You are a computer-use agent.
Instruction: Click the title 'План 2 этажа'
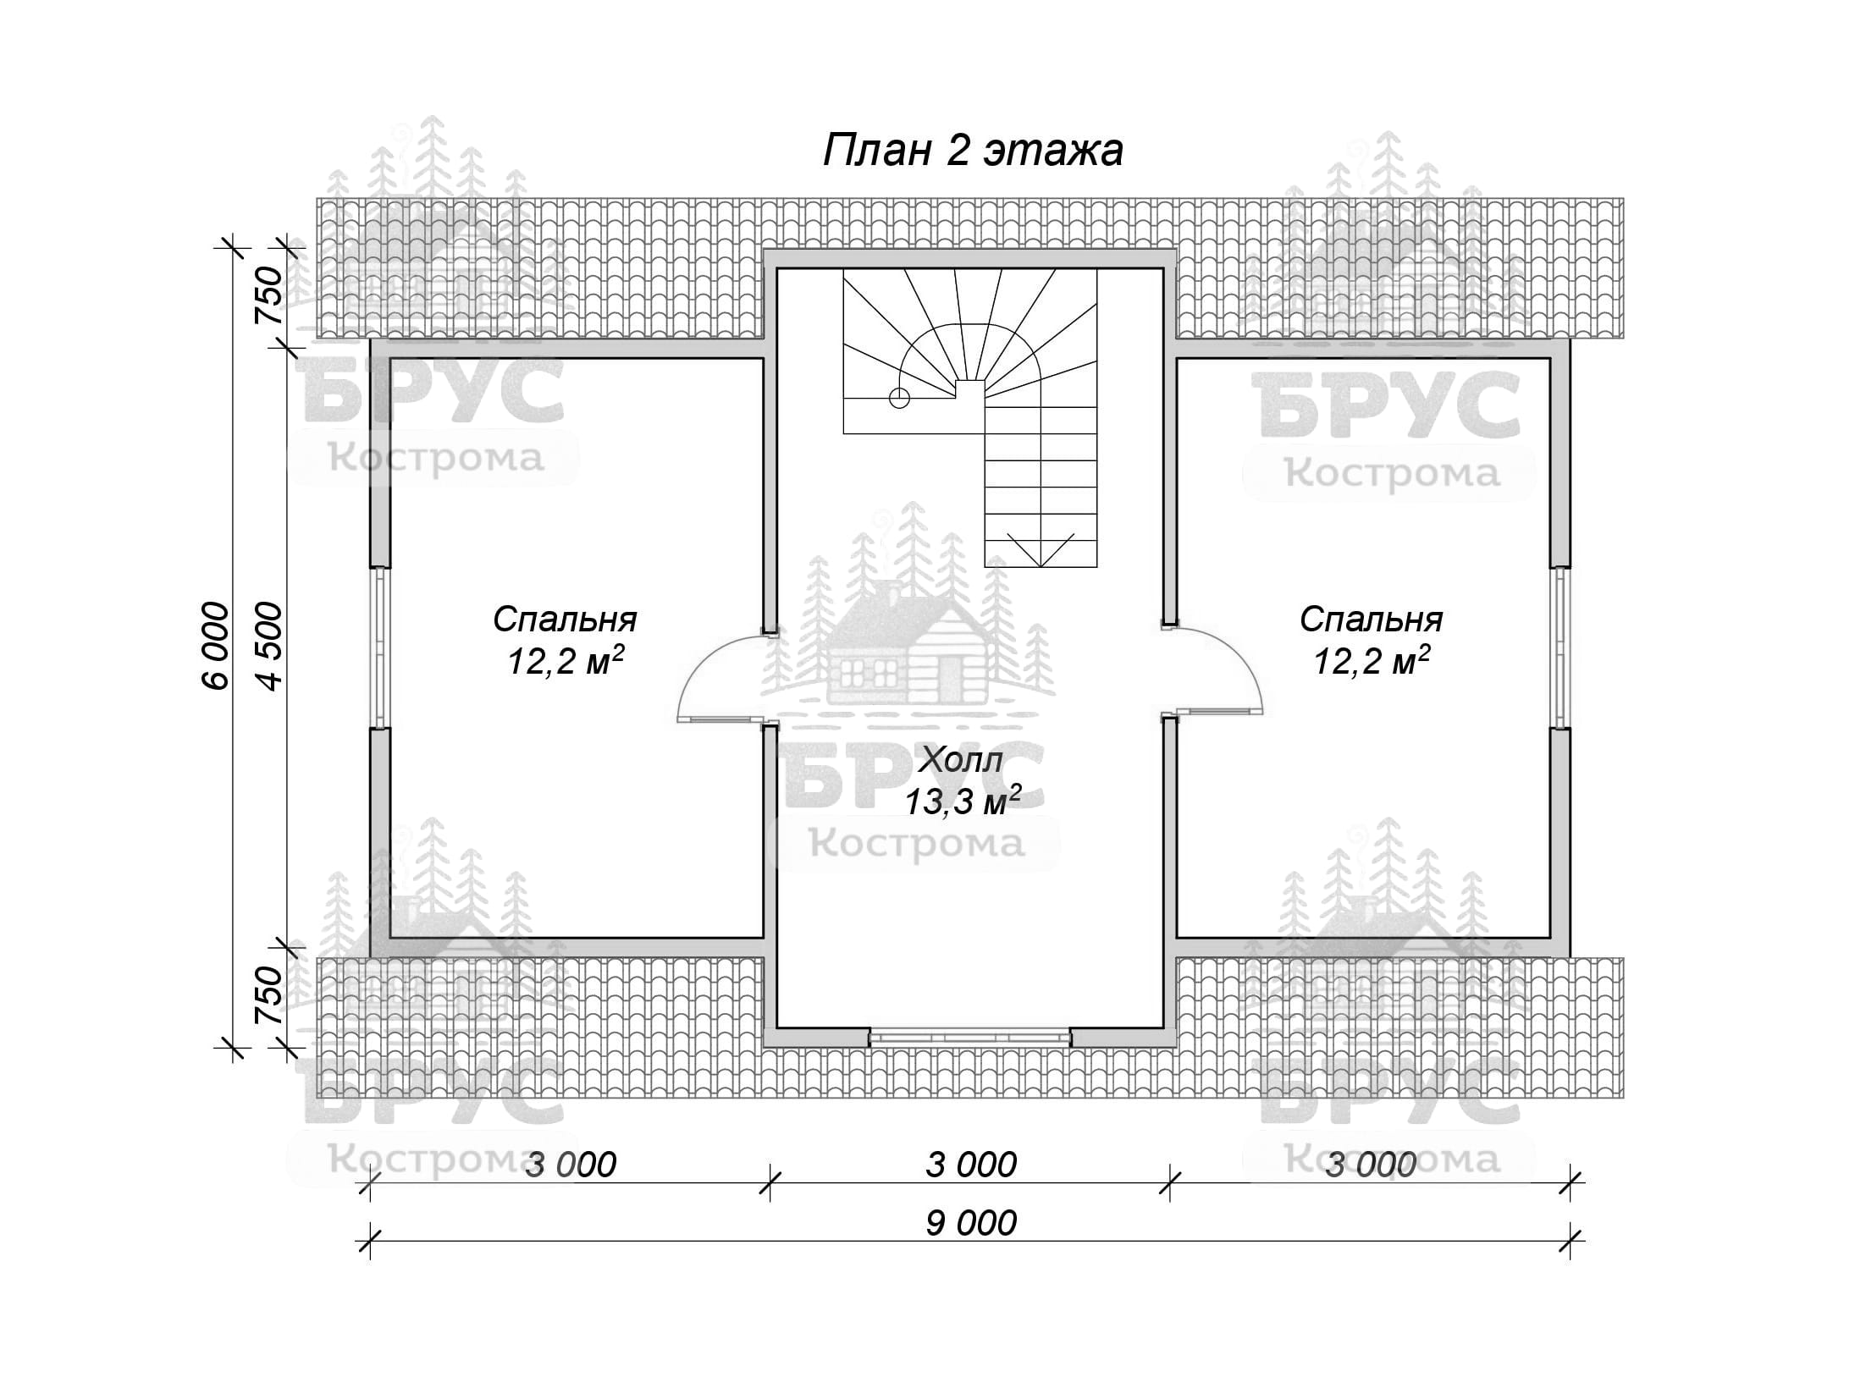point(973,151)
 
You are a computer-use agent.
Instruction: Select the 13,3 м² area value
point(963,800)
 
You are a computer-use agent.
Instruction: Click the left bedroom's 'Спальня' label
point(565,620)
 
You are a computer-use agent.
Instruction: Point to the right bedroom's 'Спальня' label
point(1371,620)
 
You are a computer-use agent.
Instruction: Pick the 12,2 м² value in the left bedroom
point(566,661)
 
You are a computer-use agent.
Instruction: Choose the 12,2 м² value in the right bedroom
point(1372,661)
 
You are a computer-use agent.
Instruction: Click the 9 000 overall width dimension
point(971,1223)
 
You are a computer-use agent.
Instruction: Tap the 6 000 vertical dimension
point(216,646)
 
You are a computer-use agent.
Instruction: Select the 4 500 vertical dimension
point(268,646)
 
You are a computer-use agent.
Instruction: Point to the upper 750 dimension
point(268,295)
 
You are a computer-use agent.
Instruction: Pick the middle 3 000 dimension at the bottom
point(971,1165)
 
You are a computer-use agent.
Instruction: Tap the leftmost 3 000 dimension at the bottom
point(571,1165)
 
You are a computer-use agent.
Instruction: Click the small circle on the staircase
point(899,397)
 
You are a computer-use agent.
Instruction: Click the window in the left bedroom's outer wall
point(380,647)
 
